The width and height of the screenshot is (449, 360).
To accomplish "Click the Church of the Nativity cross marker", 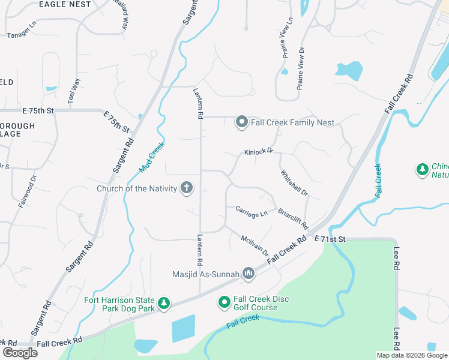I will tap(187, 188).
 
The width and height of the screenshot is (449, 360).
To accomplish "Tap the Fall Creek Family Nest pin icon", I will tap(241, 122).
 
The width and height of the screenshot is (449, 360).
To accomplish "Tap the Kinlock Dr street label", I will tap(259, 152).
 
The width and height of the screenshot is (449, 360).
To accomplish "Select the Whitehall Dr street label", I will tap(294, 184).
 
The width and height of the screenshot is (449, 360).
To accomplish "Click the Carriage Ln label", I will tap(252, 212).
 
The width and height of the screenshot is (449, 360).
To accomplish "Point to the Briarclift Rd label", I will tap(293, 219).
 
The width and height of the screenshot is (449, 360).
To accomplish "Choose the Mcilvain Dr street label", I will tap(255, 246).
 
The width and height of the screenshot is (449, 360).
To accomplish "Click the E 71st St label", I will tap(331, 239).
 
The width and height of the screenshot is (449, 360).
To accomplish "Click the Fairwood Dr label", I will tap(26, 191).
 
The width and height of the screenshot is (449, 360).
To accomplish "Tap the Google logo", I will tap(20, 353).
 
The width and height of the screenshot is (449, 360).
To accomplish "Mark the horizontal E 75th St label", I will tap(38, 111).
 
